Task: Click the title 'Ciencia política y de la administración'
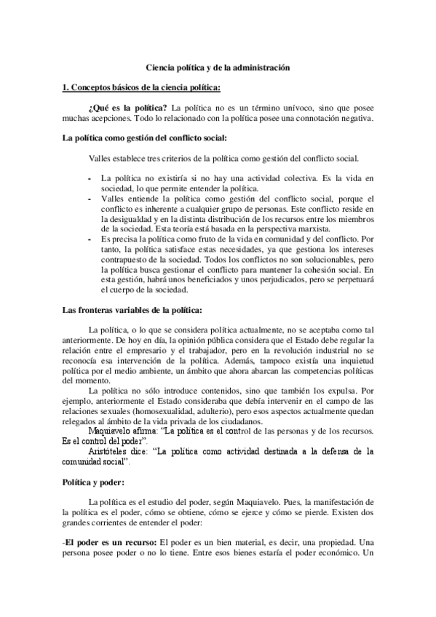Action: [x=218, y=66]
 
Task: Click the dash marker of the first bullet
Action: [x=90, y=178]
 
